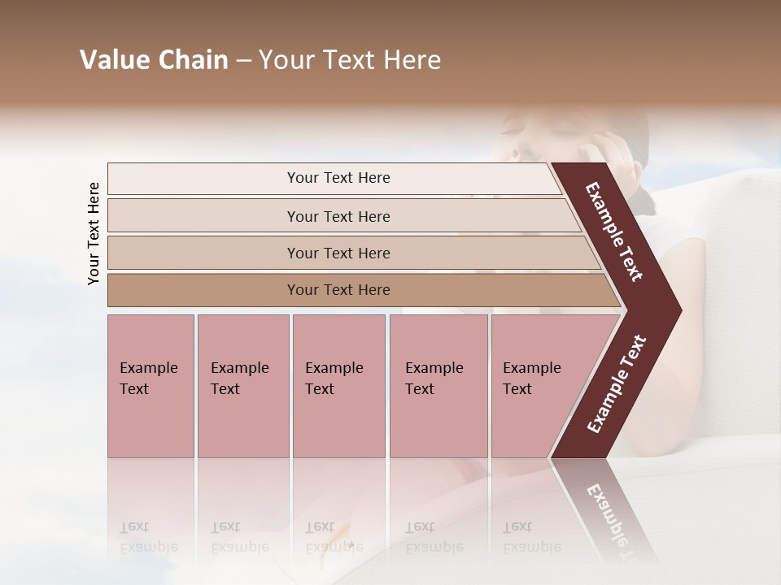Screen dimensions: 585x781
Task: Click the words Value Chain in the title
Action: [154, 60]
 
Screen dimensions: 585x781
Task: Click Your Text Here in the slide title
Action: [350, 60]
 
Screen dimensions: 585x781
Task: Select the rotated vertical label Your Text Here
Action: [94, 233]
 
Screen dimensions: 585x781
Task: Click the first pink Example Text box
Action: [151, 386]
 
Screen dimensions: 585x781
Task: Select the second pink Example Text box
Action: [242, 386]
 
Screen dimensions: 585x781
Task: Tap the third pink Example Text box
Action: [338, 386]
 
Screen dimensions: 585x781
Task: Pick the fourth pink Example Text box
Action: [438, 386]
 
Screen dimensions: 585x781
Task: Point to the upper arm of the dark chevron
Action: [615, 231]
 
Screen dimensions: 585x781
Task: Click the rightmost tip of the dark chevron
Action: [678, 310]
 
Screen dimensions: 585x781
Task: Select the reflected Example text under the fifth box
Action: [531, 547]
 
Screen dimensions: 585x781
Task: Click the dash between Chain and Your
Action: [243, 61]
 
